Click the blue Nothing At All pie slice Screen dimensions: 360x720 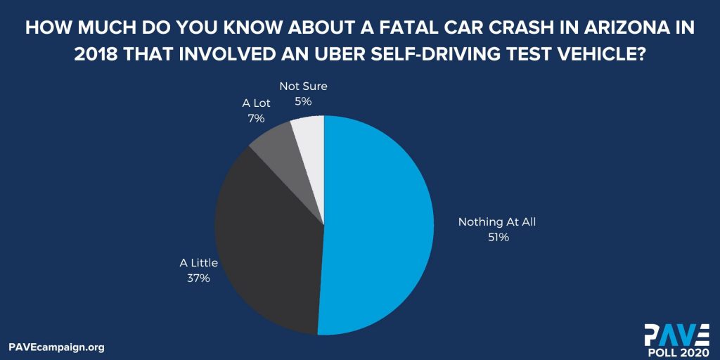[x=380, y=225]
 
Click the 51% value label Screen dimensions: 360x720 [x=500, y=238]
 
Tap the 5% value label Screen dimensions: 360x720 [x=303, y=101]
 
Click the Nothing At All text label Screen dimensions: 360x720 [x=501, y=222]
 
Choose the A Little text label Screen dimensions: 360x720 [x=199, y=263]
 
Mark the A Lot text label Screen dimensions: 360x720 [x=256, y=103]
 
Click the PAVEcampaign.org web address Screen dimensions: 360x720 [x=56, y=347]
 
